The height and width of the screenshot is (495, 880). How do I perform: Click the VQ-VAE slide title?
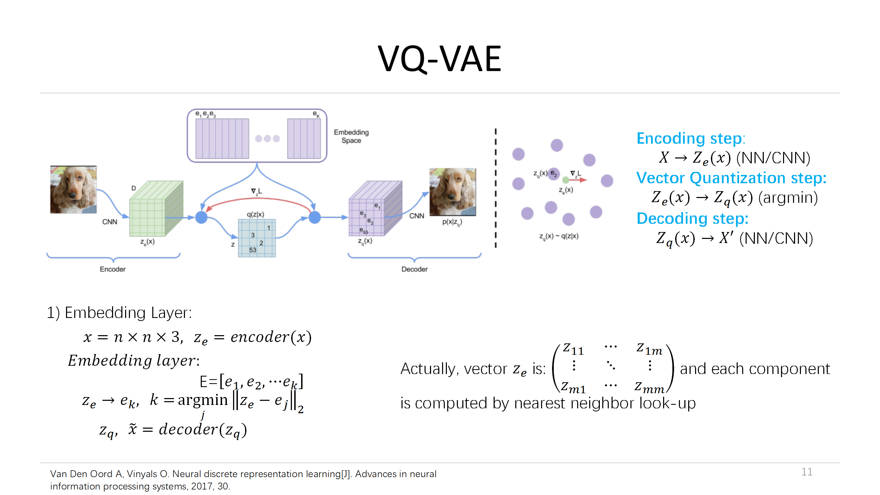(439, 59)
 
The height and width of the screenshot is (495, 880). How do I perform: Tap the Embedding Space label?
(351, 136)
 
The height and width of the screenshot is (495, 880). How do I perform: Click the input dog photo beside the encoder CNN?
(73, 189)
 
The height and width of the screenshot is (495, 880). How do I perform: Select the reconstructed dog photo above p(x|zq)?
(452, 191)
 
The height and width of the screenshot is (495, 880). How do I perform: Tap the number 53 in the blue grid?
(253, 250)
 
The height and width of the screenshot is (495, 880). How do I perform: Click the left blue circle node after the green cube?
(201, 217)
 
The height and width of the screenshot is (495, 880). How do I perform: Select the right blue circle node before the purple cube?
(315, 217)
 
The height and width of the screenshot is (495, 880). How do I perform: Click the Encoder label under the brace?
(112, 269)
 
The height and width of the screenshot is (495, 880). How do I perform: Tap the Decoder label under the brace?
(415, 269)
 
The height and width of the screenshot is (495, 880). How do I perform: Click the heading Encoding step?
(690, 139)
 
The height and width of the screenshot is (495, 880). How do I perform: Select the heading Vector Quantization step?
(731, 178)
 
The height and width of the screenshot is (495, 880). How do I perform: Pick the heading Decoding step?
(692, 219)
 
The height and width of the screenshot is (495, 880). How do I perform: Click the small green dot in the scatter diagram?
(565, 180)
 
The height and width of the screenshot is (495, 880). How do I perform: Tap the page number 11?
(807, 472)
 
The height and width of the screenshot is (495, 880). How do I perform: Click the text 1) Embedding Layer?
(119, 313)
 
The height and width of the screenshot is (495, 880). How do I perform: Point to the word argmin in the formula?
(203, 400)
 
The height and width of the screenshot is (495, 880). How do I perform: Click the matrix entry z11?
(573, 349)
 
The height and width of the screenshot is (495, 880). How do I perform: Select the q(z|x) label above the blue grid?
(255, 214)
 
